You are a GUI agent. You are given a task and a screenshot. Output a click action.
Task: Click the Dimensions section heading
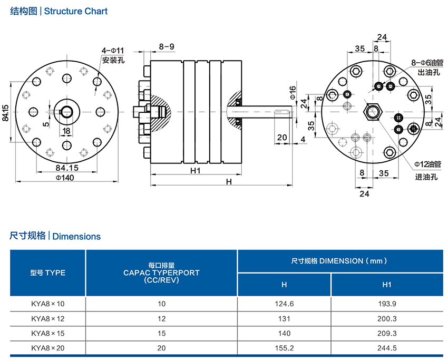click(55, 236)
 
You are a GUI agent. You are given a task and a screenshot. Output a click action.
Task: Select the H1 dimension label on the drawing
click(196, 170)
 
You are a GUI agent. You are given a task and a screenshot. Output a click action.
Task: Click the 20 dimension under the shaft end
click(281, 138)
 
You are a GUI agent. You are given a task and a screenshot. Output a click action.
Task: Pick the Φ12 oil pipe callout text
click(427, 164)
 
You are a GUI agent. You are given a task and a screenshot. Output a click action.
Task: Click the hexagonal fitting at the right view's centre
click(373, 111)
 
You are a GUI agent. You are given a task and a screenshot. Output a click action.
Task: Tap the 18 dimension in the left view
click(66, 130)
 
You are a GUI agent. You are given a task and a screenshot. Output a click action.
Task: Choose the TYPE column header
click(47, 273)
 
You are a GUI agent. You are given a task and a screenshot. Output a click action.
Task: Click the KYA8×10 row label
click(47, 304)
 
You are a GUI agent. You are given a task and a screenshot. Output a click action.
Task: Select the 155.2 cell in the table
click(284, 348)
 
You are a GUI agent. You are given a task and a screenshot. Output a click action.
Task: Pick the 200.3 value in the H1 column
click(387, 318)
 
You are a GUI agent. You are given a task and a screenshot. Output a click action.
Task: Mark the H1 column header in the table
click(387, 285)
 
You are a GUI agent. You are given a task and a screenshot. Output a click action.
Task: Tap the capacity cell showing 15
click(161, 333)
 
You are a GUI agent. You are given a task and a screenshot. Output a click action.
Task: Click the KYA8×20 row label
click(47, 348)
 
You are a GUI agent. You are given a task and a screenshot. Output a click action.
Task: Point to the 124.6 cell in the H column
click(284, 304)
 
